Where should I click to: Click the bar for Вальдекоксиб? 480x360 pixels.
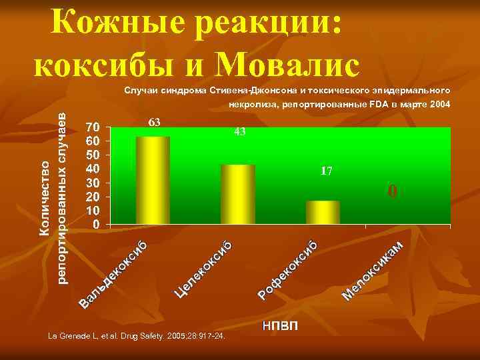pos(153,181)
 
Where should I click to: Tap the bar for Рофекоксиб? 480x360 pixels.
pos(323,212)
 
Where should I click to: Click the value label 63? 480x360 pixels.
pos(154,122)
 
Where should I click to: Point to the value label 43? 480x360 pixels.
pos(239,132)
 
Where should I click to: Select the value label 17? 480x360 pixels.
pos(326,171)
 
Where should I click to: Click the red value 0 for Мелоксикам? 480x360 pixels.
pos(393,192)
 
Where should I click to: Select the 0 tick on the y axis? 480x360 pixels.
pos(97,225)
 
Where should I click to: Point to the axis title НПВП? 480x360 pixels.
pos(281,326)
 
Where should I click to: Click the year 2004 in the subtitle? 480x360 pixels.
pos(439,105)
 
